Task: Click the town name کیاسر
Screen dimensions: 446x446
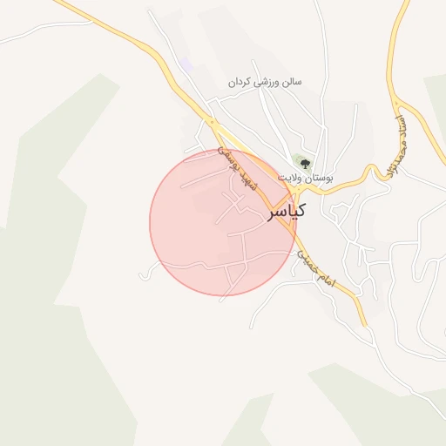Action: click(287, 211)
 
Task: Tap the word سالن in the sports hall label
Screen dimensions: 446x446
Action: click(291, 82)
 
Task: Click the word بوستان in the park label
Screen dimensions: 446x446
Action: click(320, 177)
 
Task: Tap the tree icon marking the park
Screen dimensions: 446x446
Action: click(305, 164)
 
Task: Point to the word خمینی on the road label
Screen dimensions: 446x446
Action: click(307, 258)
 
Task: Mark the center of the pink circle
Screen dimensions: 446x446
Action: click(222, 222)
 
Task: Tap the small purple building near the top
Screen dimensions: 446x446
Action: click(186, 65)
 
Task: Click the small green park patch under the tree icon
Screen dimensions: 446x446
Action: click(302, 159)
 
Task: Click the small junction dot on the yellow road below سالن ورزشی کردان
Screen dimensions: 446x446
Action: click(210, 119)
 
